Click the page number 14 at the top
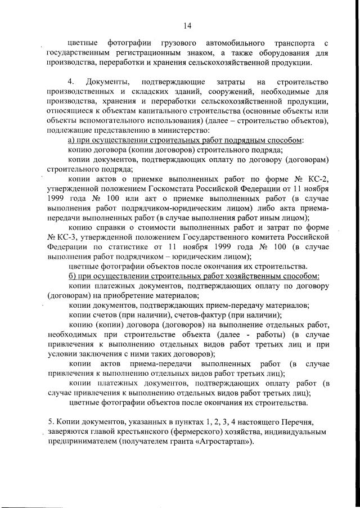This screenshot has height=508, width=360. click(188, 25)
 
